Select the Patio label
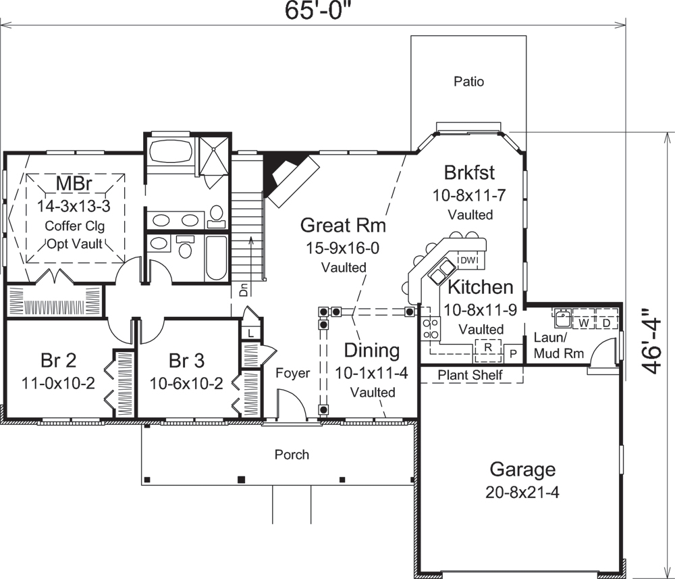[x=468, y=82]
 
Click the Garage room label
[x=522, y=469]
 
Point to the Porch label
[x=292, y=454]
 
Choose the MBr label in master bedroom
[x=75, y=183]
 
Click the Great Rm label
[x=340, y=224]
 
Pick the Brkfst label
[x=470, y=171]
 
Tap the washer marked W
[x=584, y=324]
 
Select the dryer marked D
[x=606, y=324]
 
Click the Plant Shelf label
[x=470, y=374]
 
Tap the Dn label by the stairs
[x=244, y=291]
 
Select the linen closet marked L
[x=250, y=332]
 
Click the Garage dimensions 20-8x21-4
[x=522, y=492]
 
